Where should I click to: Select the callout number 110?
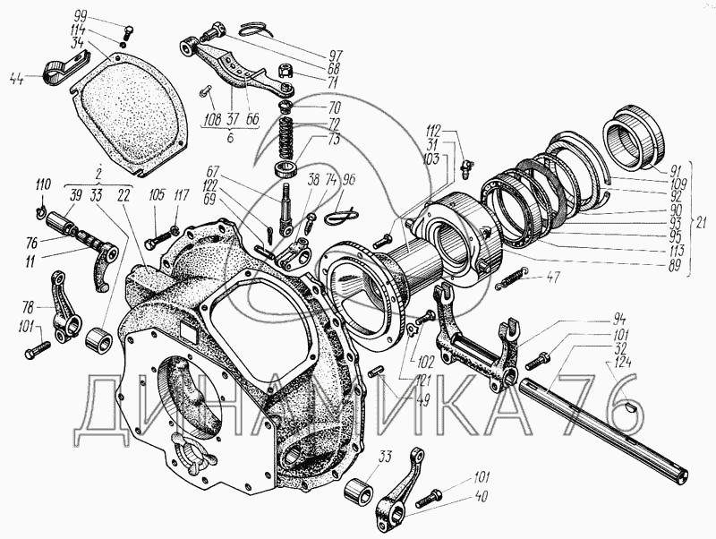(41, 184)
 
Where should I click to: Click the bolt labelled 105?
(152, 242)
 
